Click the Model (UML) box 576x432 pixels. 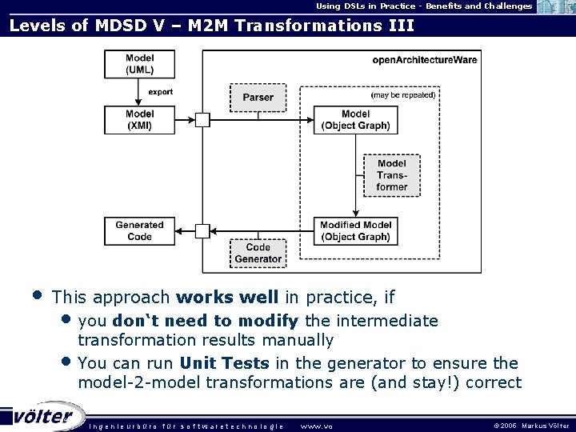point(140,65)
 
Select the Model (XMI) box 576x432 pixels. point(140,120)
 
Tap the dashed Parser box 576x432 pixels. point(258,97)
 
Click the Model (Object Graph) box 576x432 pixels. point(355,120)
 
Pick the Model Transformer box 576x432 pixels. point(391,175)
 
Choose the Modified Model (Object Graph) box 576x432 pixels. point(355,230)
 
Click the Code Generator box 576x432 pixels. point(258,254)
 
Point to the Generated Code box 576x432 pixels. point(140,230)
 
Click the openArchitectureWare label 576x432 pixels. point(415,60)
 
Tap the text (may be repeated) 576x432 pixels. point(403,94)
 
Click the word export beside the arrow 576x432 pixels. point(160,92)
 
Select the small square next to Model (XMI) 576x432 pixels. point(202,120)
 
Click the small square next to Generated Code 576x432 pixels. point(202,230)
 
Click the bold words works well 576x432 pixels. point(227,298)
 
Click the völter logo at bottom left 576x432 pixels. point(44,416)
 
